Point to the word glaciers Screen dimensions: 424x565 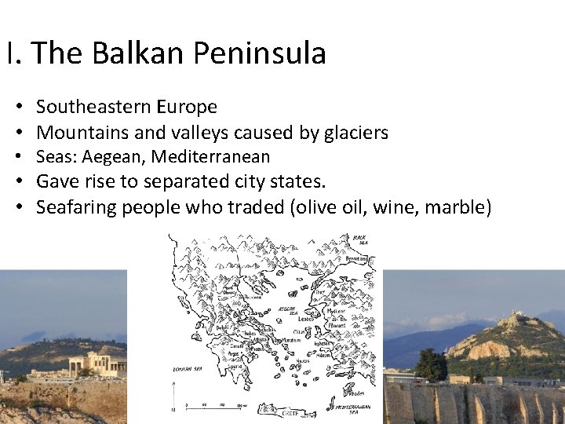pyautogui.click(x=355, y=133)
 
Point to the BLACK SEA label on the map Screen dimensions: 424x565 pyautogui.click(x=359, y=239)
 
